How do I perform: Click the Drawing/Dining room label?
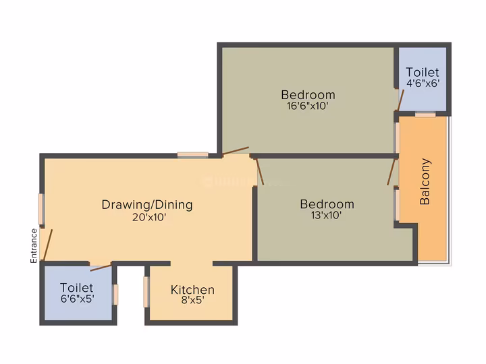147,205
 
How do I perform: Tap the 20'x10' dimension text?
149,217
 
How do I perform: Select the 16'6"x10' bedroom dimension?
308,106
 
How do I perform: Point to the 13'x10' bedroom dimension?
327,215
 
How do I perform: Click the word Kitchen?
192,290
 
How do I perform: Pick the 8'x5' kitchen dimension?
192,300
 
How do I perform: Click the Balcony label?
425,182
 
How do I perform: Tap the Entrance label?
34,246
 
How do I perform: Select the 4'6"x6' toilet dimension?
423,84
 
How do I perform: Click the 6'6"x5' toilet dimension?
78,299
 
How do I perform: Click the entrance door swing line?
48,245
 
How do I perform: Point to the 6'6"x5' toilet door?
101,268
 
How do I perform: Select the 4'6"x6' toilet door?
400,100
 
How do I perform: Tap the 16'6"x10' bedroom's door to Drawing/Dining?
236,150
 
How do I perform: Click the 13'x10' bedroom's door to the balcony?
391,172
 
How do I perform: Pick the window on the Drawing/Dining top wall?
193,155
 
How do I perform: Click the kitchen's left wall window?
146,292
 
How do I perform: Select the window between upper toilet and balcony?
425,114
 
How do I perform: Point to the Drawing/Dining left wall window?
42,209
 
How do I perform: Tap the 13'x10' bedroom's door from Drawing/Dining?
260,172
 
